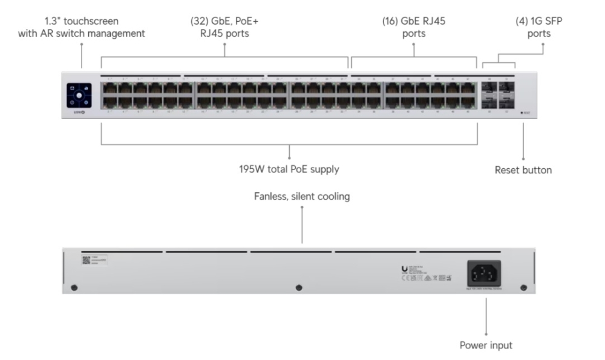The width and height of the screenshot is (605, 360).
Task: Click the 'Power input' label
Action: pos(486,345)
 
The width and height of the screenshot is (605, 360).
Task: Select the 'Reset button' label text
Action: pos(523,170)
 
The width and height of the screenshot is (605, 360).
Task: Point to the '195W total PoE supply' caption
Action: pos(289,169)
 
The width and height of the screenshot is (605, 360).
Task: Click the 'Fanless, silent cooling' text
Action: pos(302,197)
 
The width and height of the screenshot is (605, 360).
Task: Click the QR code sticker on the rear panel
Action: pos(85,260)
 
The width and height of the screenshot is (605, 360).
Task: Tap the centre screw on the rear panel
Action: pos(298,288)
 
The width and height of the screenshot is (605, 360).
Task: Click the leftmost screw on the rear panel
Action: pos(74,287)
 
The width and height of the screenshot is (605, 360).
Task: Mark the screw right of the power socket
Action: pos(524,287)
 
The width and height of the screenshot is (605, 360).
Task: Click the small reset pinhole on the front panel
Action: pos(522,113)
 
